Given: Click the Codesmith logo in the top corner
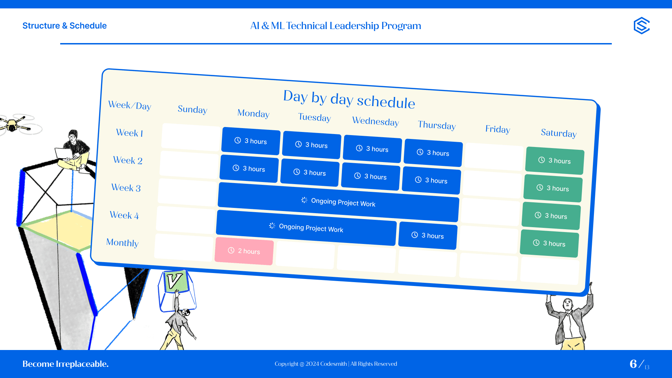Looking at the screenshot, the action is coord(642,26).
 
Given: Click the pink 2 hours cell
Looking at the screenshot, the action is coord(244,251).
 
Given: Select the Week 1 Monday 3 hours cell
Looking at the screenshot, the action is coord(251,141).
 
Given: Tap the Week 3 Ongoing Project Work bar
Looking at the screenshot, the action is coord(338,202).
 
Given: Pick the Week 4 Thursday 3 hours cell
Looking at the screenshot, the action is coord(428,236).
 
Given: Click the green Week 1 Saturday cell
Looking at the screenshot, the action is coord(555,161).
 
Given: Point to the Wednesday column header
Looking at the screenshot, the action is coord(376,121).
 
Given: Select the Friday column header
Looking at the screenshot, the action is coord(498,129).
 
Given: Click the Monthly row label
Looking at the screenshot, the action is coord(122,243).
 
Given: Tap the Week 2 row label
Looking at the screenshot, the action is coord(128,160).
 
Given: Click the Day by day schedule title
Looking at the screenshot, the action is coord(349,99).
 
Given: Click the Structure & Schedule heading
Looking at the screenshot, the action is coord(64,26).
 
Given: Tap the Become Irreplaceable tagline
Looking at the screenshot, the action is coord(65,364).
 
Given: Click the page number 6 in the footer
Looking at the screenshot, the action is coord(633,364).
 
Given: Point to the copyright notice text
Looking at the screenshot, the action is coord(336,364).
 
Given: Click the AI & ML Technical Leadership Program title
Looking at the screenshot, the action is coord(336,26).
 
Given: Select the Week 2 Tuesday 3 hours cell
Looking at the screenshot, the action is coord(310,173).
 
